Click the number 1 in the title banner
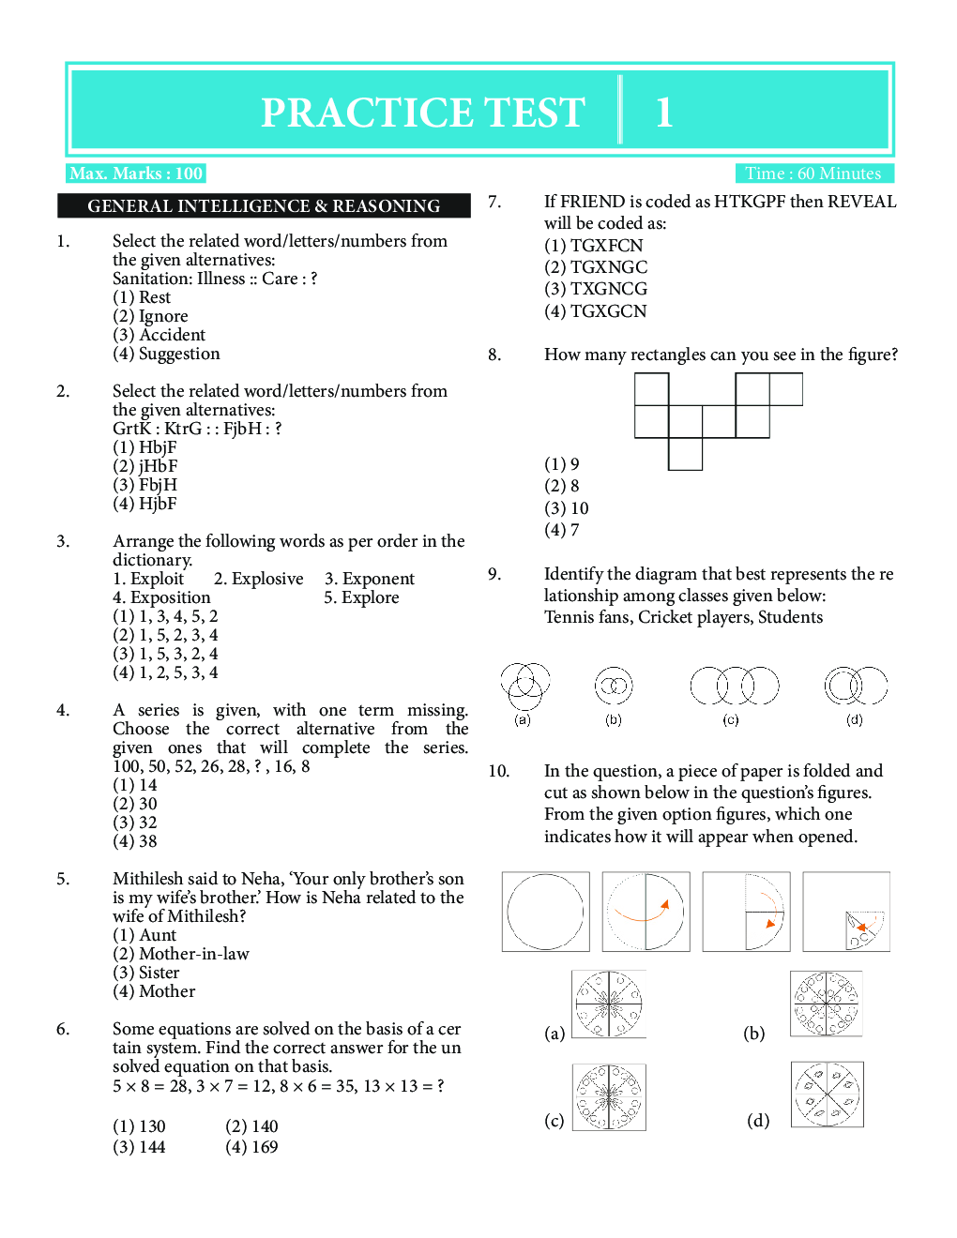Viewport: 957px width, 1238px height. tap(664, 113)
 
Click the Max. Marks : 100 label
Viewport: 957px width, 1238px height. tap(136, 174)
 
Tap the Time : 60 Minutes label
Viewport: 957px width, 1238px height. tap(813, 174)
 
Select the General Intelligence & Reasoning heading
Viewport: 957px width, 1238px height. tap(264, 206)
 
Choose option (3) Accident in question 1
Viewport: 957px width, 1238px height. tap(159, 335)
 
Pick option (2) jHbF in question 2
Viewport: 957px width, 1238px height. tap(145, 466)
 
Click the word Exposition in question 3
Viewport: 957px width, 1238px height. tap(170, 597)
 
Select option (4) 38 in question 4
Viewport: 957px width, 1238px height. tap(135, 841)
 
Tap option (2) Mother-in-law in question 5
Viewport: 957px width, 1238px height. tap(181, 954)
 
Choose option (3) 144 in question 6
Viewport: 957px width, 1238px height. tap(139, 1147)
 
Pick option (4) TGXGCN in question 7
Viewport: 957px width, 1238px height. tap(596, 311)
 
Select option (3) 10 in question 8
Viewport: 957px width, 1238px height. tap(567, 508)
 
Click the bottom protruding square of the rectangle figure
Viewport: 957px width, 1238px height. tap(686, 454)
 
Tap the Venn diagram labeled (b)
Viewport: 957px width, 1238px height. tap(614, 687)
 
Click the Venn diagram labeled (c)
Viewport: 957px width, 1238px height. tap(735, 686)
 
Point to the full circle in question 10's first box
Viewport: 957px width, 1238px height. tap(545, 912)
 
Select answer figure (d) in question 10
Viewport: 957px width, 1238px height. tap(827, 1095)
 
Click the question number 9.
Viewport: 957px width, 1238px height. tap(494, 574)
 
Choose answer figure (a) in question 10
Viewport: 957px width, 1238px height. tap(609, 1004)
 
